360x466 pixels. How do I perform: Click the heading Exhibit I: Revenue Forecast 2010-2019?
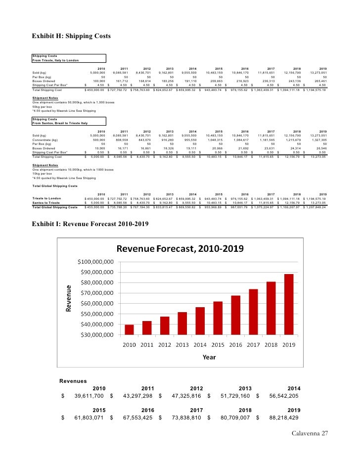(x=90, y=224)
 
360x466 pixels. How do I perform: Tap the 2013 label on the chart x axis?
(x=182, y=345)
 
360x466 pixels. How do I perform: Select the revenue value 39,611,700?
(x=89, y=396)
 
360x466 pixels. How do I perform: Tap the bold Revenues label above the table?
(x=73, y=381)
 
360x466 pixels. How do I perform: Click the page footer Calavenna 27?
(x=310, y=434)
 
